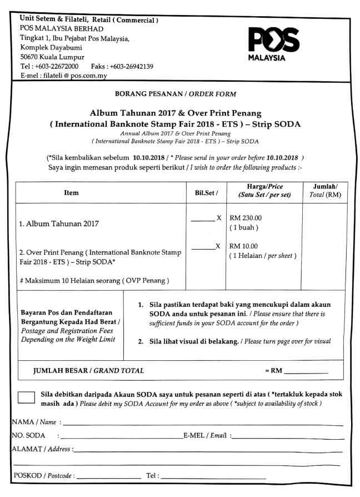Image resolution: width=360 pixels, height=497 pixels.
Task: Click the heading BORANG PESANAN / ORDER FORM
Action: [x=175, y=94]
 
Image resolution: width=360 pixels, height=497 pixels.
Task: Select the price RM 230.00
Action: [x=245, y=218]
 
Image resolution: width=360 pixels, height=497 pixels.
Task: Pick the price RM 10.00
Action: [x=243, y=246]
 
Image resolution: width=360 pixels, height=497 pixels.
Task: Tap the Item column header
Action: [x=71, y=193]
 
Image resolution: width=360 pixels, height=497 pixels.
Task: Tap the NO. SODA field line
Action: [x=122, y=438]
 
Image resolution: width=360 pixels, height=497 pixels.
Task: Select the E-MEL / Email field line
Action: [x=286, y=438]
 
